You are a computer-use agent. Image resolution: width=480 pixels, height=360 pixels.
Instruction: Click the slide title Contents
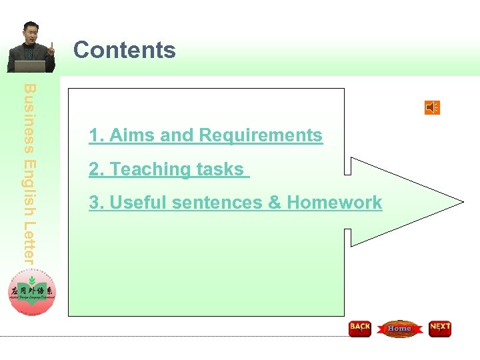[x=124, y=50]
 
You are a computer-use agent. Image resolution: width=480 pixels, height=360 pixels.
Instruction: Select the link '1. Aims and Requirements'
[x=205, y=135]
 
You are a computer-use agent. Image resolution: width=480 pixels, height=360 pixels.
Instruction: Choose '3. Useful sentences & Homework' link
[x=235, y=203]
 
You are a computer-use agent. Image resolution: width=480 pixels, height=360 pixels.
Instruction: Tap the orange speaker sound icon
[x=432, y=107]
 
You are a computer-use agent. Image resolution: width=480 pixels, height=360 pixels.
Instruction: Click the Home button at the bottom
[x=399, y=328]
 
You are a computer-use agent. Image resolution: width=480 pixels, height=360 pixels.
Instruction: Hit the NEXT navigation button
[x=440, y=328]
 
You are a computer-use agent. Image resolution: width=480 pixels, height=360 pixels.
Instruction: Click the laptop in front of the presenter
[x=30, y=66]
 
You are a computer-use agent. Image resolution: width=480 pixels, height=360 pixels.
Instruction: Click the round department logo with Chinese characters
[x=32, y=293]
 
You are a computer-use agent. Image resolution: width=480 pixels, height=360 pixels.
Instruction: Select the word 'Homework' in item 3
[x=335, y=203]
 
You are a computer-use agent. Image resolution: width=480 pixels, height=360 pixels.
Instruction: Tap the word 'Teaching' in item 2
[x=141, y=169]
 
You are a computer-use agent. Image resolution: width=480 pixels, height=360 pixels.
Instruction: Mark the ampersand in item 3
[x=274, y=203]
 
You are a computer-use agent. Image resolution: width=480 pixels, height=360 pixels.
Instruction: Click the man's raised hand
[x=51, y=48]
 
